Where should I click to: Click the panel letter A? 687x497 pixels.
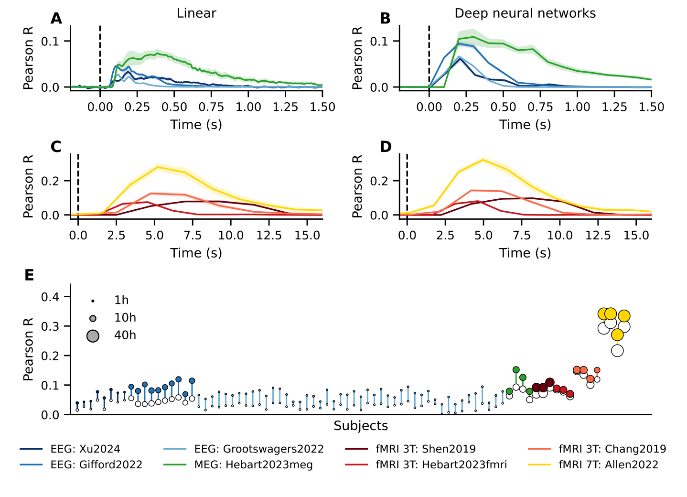pos(56,19)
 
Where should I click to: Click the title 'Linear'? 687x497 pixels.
pos(196,13)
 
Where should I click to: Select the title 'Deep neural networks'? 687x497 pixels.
pos(525,13)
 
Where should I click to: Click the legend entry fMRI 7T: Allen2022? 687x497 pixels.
pos(608,465)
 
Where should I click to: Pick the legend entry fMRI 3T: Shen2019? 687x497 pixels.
pos(425,449)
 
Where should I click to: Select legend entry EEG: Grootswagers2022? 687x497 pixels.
pos(258,449)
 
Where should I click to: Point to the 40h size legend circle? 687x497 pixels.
pos(93,336)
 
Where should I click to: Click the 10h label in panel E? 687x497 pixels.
pos(125,318)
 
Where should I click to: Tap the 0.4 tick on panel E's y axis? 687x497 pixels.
pos(50,297)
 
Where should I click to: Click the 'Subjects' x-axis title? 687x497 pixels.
pos(361,426)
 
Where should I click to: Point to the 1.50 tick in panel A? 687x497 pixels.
pos(322,107)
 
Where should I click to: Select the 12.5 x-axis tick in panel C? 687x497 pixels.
pos(269,236)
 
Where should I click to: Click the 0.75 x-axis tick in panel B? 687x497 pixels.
pos(540,107)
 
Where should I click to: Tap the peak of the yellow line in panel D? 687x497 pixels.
pos(483,160)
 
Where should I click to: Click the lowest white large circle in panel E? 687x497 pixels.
pos(617,351)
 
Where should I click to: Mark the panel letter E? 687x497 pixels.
pos(29,275)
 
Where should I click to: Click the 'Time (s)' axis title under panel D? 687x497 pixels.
pos(525,253)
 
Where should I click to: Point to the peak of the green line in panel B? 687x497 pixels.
pos(473,37)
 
